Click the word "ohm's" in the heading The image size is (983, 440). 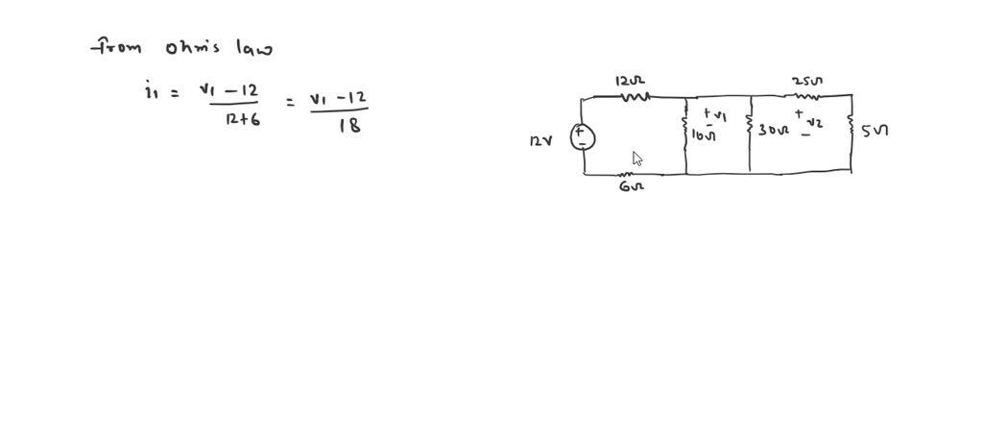click(193, 47)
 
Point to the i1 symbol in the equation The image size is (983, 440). click(151, 92)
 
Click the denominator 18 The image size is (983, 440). click(348, 125)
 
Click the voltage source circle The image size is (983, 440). click(583, 137)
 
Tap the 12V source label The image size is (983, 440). click(541, 141)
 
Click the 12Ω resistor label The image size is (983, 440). click(628, 81)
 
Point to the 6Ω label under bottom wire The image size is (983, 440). click(632, 186)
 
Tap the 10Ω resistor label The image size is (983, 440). click(704, 135)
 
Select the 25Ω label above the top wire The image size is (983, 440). click(807, 81)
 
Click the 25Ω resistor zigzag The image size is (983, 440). click(807, 95)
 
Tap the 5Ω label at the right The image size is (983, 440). click(875, 131)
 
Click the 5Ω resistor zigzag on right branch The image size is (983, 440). click(851, 126)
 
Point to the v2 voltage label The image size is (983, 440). click(814, 123)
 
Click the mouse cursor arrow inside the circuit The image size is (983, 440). click(637, 159)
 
